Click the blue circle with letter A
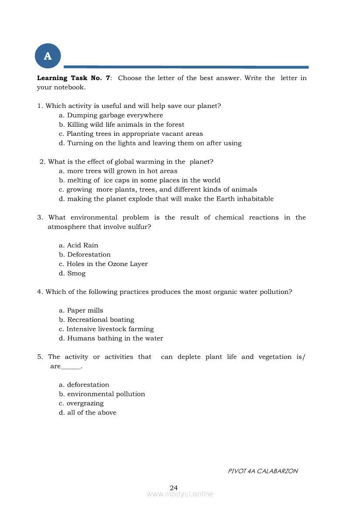click(x=48, y=56)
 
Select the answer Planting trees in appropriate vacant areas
click(x=131, y=134)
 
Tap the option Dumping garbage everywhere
click(x=111, y=115)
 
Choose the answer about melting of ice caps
click(x=139, y=180)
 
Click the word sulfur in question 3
click(x=139, y=227)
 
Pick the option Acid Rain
click(x=78, y=246)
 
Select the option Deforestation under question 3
click(x=85, y=255)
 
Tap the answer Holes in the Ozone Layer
click(x=103, y=264)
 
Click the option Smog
click(x=72, y=273)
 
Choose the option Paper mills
click(x=81, y=310)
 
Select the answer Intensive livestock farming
click(x=106, y=329)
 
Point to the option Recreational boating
click(x=96, y=320)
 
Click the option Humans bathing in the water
click(x=111, y=338)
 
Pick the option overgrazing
click(x=81, y=403)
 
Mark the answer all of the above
click(x=88, y=413)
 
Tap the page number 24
click(x=174, y=488)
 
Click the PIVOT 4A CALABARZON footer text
click(x=263, y=471)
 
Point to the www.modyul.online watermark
click(x=180, y=494)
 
